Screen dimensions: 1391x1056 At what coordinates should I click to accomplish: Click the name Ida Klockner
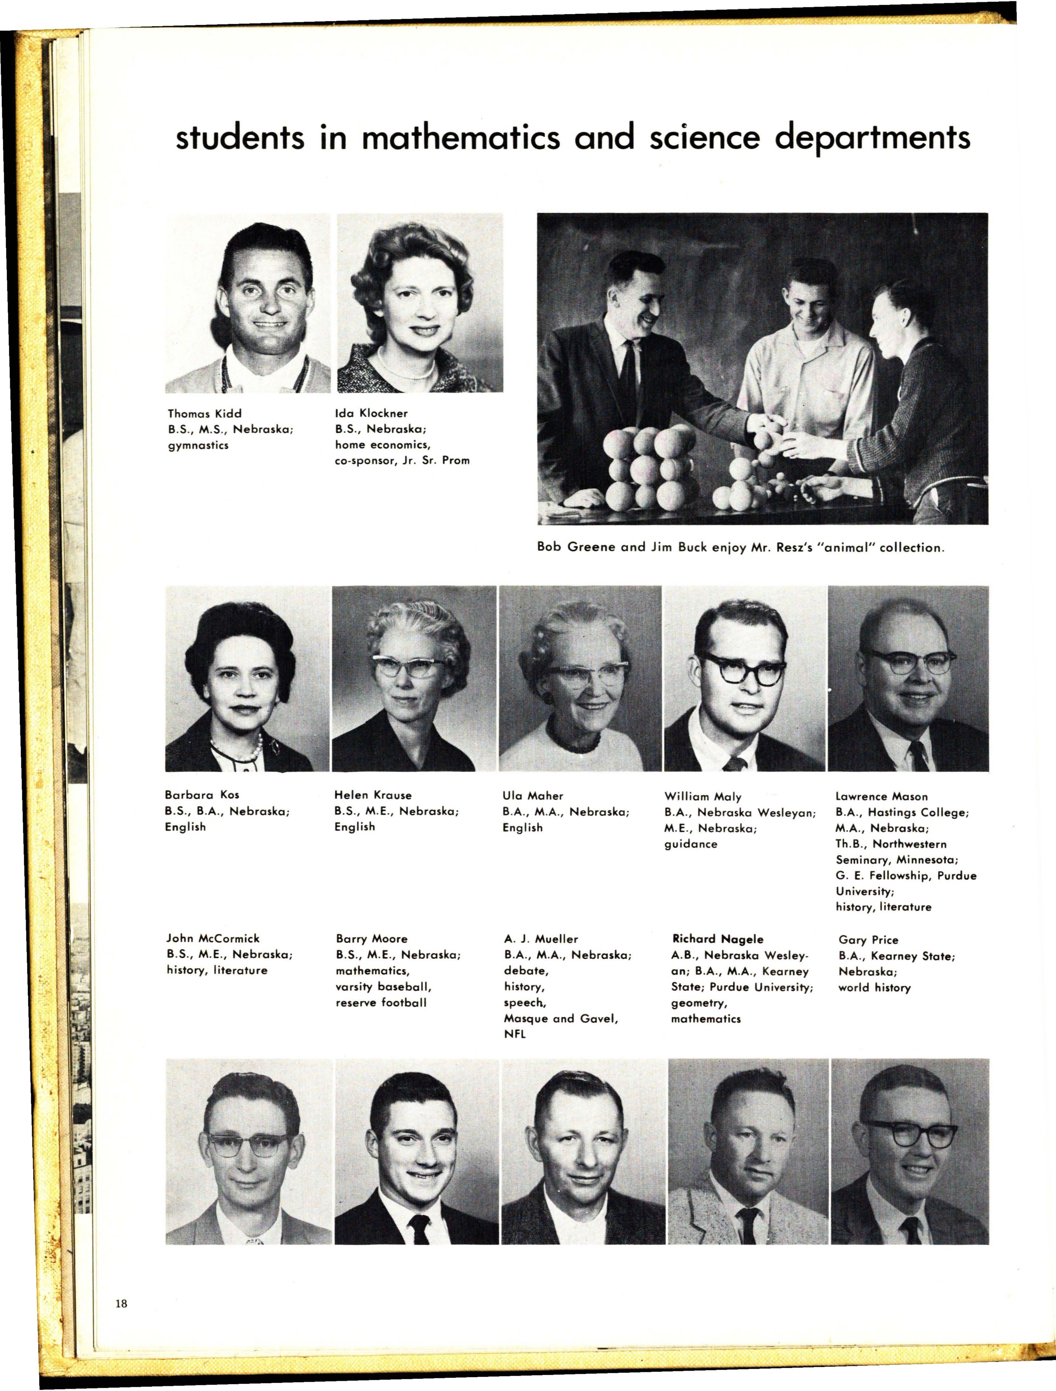[371, 413]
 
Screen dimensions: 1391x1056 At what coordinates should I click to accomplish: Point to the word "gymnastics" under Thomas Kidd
[197, 445]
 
